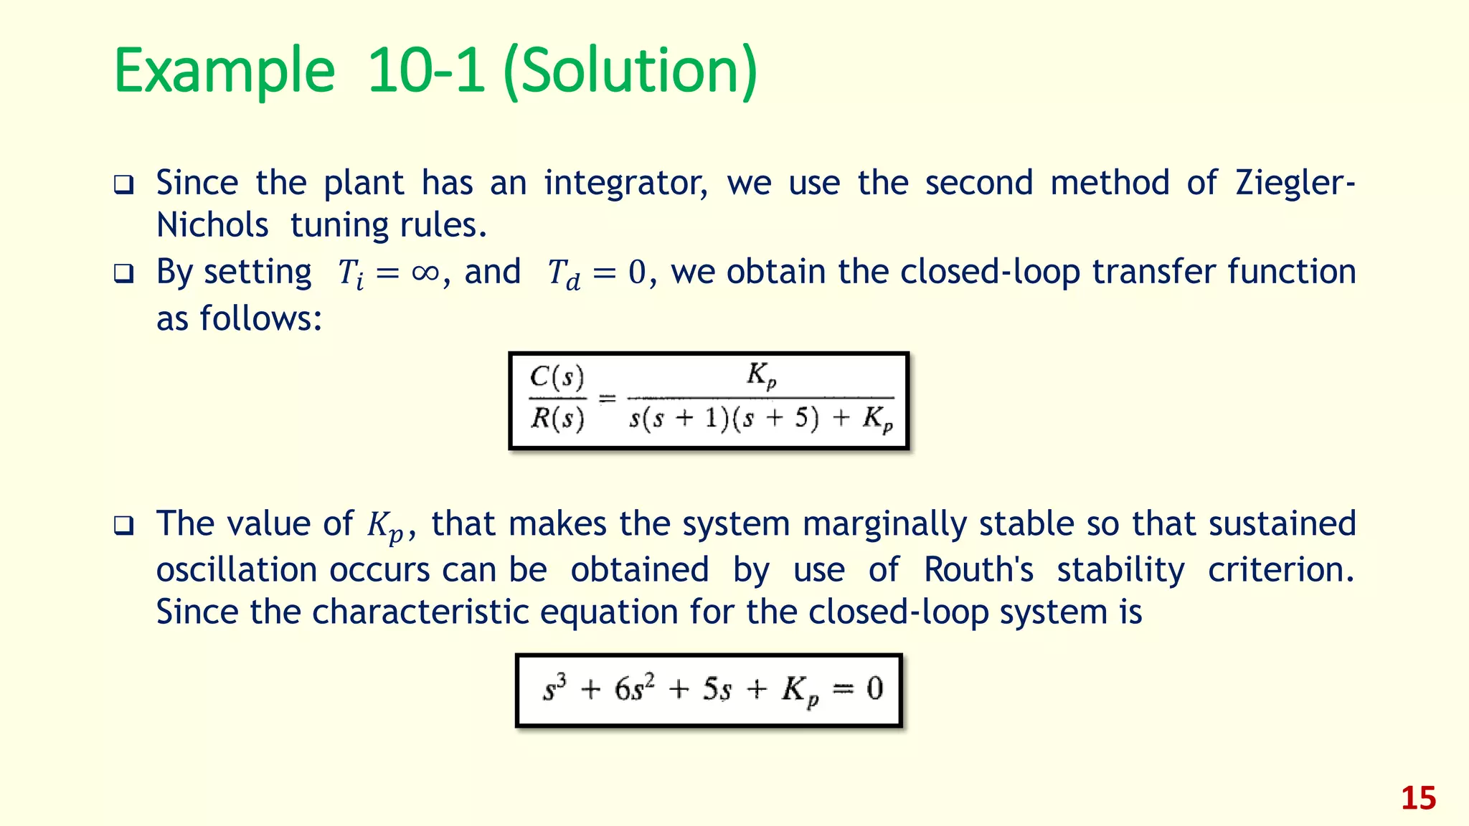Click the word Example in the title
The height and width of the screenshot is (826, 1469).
[x=225, y=72]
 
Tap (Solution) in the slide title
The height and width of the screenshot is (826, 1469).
[x=630, y=72]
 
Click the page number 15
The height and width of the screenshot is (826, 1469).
[x=1418, y=798]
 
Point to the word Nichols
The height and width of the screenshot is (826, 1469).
[x=212, y=226]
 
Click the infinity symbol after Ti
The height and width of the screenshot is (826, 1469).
[x=425, y=273]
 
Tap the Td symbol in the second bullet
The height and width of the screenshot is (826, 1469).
[x=564, y=275]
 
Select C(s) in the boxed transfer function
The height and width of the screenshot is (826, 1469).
[x=557, y=377]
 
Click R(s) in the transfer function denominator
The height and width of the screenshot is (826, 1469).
[x=557, y=417]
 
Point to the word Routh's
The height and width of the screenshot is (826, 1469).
[x=978, y=570]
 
